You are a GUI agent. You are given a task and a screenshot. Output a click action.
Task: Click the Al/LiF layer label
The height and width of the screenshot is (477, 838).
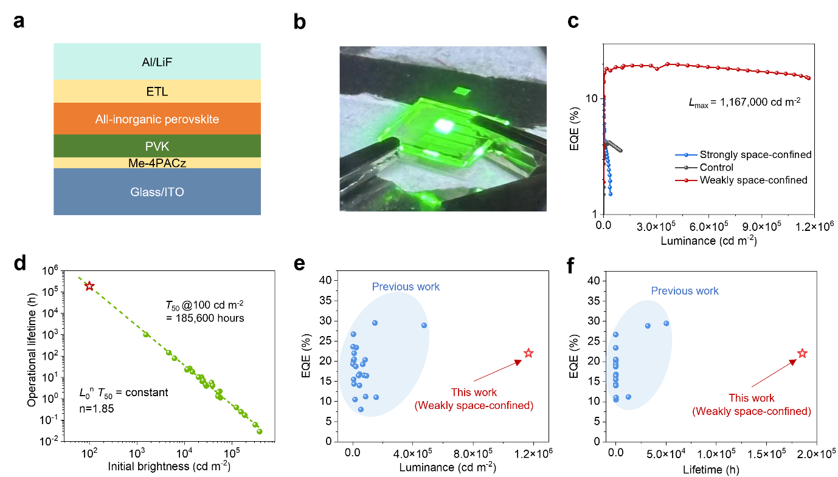(x=157, y=61)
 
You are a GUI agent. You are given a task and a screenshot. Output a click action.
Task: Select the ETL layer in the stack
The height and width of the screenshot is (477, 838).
(x=157, y=92)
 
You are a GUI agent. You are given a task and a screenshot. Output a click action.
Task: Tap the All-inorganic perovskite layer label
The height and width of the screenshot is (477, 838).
(x=157, y=119)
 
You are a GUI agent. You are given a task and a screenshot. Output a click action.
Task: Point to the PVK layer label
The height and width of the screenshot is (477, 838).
(x=157, y=146)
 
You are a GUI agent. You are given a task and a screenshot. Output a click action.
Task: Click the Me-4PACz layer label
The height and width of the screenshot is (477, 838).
(x=157, y=163)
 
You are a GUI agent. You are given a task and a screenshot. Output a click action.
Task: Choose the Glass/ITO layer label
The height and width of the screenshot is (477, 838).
(x=157, y=192)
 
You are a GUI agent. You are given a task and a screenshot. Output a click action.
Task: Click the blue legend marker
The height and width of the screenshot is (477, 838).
(x=686, y=155)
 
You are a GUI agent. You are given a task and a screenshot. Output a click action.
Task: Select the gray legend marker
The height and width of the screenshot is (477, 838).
(x=686, y=168)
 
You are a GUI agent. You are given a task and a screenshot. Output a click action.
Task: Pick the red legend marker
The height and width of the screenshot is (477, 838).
(x=686, y=180)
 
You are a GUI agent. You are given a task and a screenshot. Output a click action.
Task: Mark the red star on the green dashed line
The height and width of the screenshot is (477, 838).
(x=89, y=286)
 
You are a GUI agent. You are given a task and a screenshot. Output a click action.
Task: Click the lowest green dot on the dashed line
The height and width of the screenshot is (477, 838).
(x=260, y=431)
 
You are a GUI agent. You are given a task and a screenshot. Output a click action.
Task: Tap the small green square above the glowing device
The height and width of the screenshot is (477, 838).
(x=462, y=91)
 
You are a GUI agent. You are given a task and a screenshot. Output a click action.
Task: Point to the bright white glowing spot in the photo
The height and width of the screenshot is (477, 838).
(x=444, y=126)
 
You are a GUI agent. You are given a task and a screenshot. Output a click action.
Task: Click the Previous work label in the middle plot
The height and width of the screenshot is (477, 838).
(x=406, y=287)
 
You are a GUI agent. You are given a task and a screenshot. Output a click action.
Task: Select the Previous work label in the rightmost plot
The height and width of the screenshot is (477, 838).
(x=685, y=291)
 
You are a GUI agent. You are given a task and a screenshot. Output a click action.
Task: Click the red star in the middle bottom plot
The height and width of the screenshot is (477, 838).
(x=528, y=353)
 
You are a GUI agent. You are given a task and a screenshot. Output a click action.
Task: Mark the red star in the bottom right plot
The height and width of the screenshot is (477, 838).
(x=802, y=353)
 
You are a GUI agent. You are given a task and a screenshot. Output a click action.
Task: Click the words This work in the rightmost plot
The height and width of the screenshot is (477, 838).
(x=752, y=398)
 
